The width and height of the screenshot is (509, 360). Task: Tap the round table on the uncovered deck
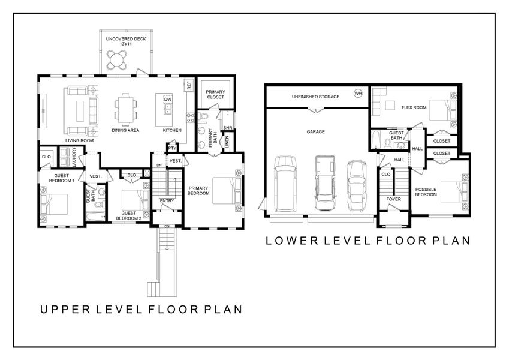[118, 59]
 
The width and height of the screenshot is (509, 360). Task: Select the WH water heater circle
[358, 94]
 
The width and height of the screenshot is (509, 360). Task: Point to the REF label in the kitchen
[189, 86]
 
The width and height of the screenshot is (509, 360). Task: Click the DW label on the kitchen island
[168, 100]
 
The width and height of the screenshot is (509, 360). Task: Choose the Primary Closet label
[215, 93]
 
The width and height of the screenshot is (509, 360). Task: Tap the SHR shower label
[227, 128]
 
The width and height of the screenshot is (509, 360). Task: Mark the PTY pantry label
[173, 148]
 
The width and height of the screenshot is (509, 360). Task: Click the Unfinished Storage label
[315, 97]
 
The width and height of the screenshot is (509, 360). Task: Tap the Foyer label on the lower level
[393, 199]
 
